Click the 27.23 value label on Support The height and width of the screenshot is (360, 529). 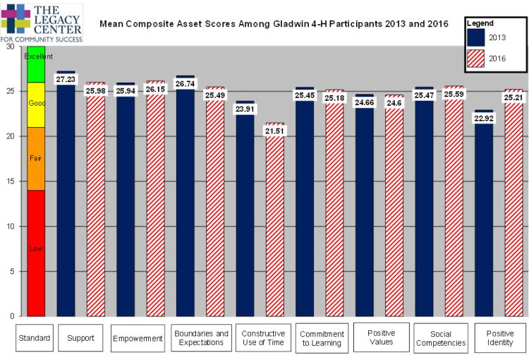pos(66,80)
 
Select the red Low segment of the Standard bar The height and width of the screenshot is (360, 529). pos(36,253)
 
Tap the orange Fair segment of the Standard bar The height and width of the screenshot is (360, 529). pos(36,159)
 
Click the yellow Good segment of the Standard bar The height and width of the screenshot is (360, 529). pos(36,104)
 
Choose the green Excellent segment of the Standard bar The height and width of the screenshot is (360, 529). pos(36,65)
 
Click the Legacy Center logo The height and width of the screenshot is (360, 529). pos(42,21)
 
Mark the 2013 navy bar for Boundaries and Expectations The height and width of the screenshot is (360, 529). pos(185,205)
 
